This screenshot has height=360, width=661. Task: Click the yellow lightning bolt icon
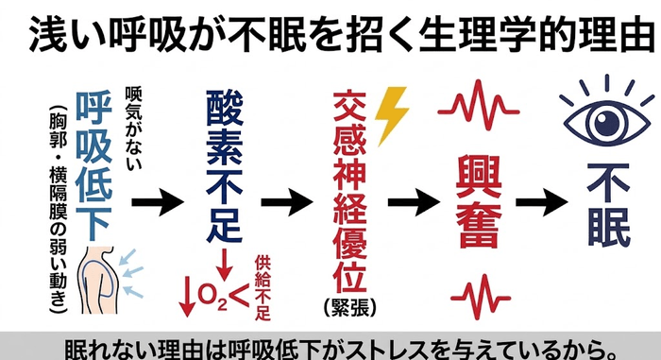(390, 114)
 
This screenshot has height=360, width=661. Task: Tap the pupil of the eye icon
(607, 123)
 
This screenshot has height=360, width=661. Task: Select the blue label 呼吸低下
(93, 165)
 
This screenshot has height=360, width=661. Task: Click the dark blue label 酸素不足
(225, 166)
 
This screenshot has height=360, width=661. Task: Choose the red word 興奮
(480, 201)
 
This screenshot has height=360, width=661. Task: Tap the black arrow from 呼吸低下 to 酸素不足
(158, 202)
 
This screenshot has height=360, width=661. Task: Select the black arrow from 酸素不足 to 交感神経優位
(287, 202)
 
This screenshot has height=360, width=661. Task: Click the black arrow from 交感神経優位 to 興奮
(414, 202)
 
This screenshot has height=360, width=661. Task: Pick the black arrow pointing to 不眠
(542, 202)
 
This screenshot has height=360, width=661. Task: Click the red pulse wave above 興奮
(479, 105)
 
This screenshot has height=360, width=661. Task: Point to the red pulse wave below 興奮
(481, 296)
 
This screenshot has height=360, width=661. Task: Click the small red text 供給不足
(263, 288)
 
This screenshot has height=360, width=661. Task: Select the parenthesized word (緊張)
(349, 307)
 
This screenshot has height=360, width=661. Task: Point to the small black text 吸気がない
(133, 128)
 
